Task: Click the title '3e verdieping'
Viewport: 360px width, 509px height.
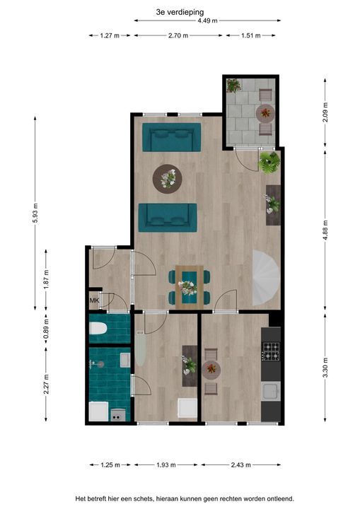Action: pos(180,12)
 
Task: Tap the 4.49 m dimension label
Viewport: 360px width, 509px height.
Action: pos(208,21)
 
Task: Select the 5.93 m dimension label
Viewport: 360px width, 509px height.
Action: pos(35,213)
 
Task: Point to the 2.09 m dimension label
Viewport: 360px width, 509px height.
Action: pos(325,112)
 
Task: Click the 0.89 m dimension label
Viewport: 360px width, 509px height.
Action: pos(46,329)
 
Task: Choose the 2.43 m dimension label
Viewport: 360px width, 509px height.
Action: pos(240,465)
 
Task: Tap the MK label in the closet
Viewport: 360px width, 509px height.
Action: pos(94,300)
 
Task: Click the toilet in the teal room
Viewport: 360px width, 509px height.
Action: pos(98,328)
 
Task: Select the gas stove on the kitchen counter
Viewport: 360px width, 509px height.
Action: pos(271,351)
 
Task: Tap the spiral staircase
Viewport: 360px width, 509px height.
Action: pos(266,278)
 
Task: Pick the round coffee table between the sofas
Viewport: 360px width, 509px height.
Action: pos(168,179)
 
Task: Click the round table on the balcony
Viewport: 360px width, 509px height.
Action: pos(265,113)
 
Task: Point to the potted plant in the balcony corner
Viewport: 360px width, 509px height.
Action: pos(233,86)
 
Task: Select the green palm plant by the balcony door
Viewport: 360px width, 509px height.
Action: pos(269,162)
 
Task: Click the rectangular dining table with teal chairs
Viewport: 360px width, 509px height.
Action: pos(190,287)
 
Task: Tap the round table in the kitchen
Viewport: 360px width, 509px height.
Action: pos(211,370)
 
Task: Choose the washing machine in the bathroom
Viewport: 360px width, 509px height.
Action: pos(99,411)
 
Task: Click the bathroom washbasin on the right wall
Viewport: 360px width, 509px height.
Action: pos(125,360)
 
